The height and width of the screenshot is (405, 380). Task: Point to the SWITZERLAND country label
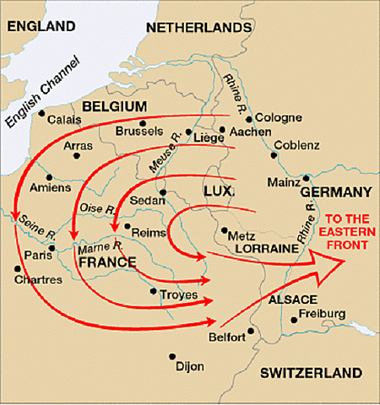[x=311, y=372]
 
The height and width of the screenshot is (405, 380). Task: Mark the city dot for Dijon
[x=172, y=357]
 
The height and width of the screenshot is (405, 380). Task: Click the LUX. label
[x=219, y=192]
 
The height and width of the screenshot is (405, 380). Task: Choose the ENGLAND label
[x=38, y=27]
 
